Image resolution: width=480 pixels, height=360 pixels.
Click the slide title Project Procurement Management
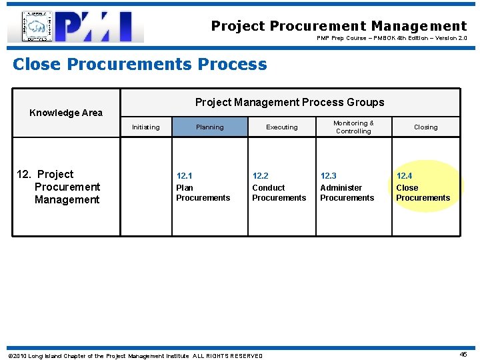[x=339, y=26]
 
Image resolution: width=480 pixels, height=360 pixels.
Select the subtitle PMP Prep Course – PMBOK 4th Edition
[x=391, y=39]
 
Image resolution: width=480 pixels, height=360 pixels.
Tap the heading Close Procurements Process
[x=140, y=65]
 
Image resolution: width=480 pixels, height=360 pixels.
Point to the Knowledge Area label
[x=66, y=113]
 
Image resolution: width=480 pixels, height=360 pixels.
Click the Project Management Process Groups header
[x=289, y=102]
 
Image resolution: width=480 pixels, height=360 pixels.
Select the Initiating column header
[x=145, y=127]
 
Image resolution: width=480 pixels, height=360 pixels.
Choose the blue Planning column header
[x=209, y=127]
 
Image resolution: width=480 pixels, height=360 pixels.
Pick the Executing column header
[x=282, y=127]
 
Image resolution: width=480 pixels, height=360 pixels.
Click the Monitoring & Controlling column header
[x=353, y=127]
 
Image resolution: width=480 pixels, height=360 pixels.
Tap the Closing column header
[x=425, y=127]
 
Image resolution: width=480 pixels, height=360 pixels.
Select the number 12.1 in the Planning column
[x=184, y=176]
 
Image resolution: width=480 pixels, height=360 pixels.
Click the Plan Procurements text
[x=203, y=193]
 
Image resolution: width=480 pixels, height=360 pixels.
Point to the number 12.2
[x=260, y=176]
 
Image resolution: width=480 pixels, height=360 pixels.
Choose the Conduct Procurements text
[x=279, y=193]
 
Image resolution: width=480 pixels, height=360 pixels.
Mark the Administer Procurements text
[x=347, y=193]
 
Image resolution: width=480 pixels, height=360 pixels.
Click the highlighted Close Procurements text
[x=423, y=193]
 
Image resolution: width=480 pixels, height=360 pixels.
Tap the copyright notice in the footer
[x=135, y=356]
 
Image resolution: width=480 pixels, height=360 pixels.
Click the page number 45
[x=463, y=355]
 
